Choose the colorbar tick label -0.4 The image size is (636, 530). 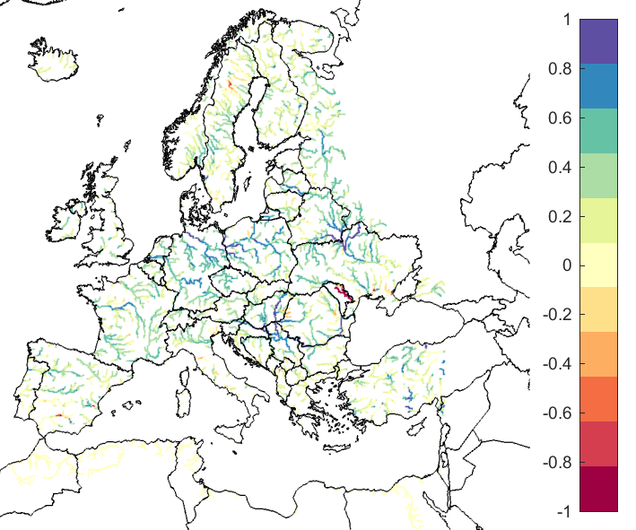click(558, 364)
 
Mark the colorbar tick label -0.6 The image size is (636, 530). click(558, 413)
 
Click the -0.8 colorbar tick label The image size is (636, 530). click(558, 463)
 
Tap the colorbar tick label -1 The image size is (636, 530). click(562, 511)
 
